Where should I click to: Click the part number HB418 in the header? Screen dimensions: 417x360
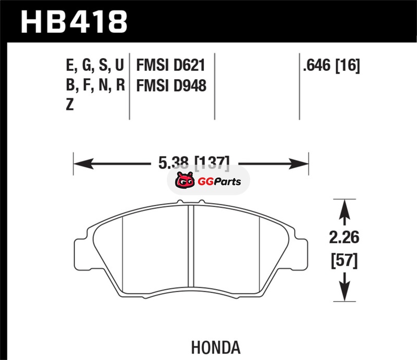pos(74,22)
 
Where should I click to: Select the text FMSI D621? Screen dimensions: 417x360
pos(171,65)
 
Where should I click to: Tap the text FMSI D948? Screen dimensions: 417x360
pos(171,85)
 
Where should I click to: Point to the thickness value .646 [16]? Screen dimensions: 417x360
pos(332,66)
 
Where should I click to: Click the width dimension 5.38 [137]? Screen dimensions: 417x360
pos(193,163)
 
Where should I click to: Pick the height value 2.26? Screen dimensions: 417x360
pos(344,237)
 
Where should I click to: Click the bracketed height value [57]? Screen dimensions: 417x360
pos(344,261)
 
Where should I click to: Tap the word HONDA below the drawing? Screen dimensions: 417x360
pos(216,347)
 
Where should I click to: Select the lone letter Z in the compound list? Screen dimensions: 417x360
pos(70,104)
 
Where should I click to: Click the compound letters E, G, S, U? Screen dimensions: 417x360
pos(95,66)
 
